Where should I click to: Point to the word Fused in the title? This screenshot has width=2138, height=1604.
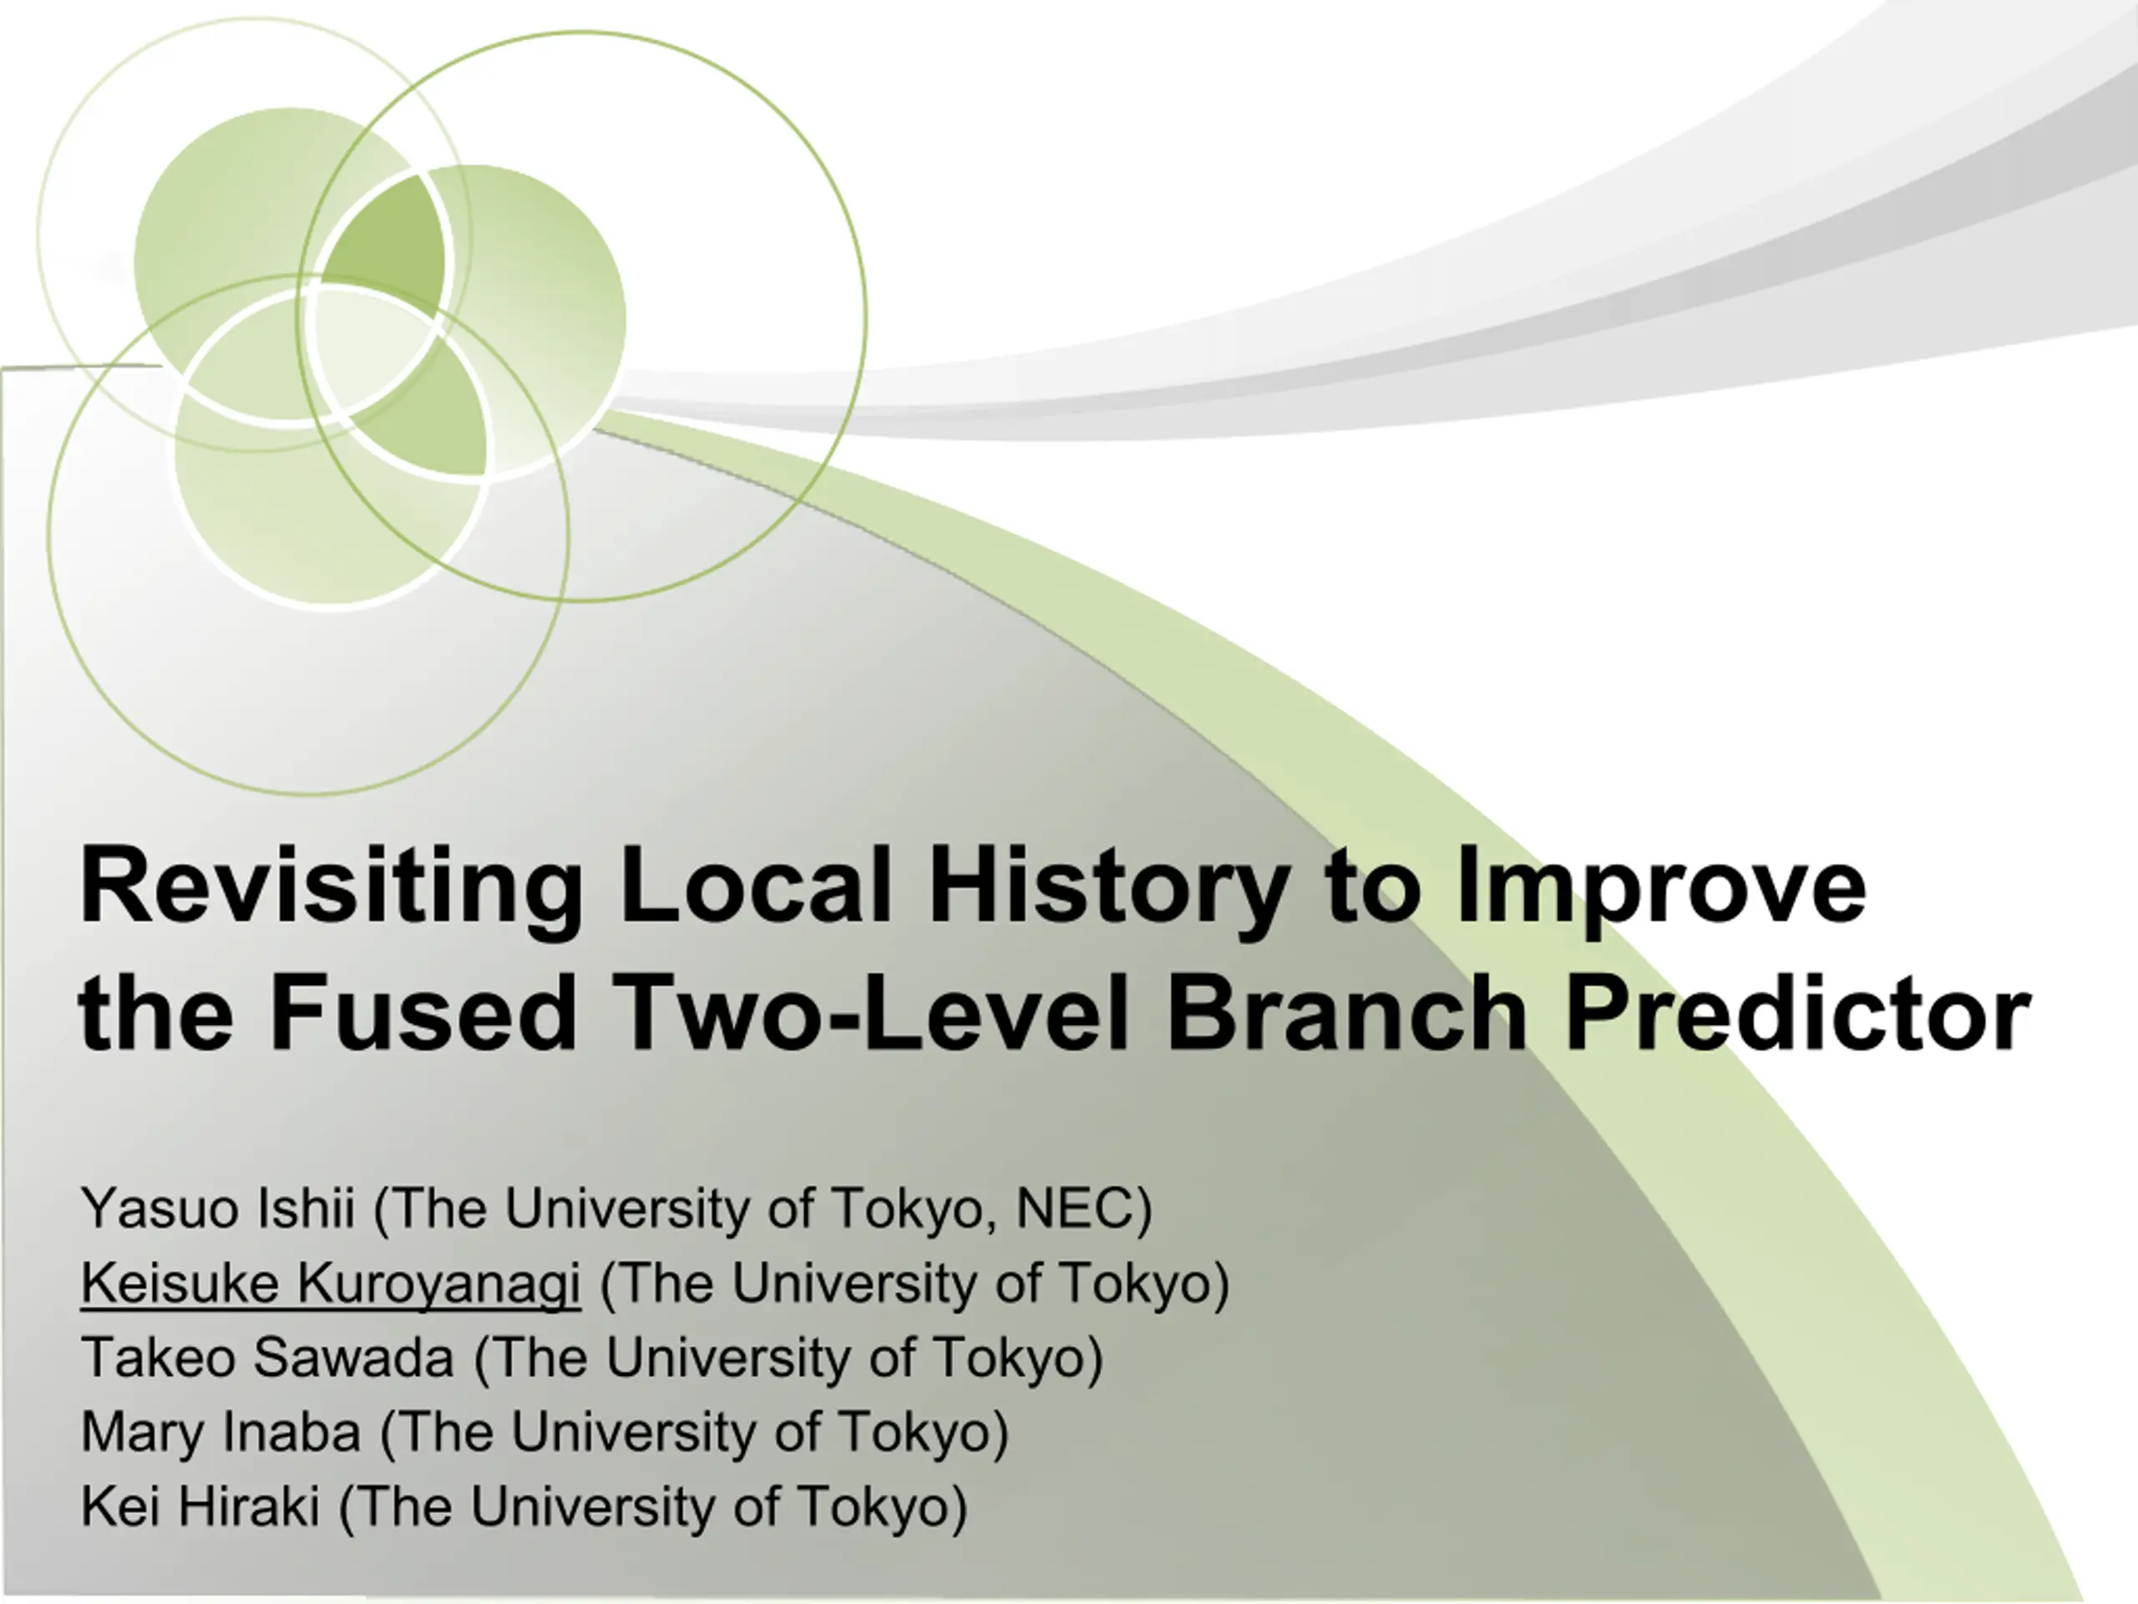click(x=423, y=1012)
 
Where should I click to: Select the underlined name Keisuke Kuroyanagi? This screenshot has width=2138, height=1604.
click(x=331, y=1284)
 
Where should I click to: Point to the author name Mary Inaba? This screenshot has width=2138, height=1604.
click(x=221, y=1432)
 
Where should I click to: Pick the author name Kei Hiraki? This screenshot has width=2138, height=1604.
click(x=200, y=1506)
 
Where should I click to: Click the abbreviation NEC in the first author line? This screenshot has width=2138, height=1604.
click(x=1074, y=1209)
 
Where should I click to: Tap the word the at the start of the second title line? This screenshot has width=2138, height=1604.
click(x=155, y=1012)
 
